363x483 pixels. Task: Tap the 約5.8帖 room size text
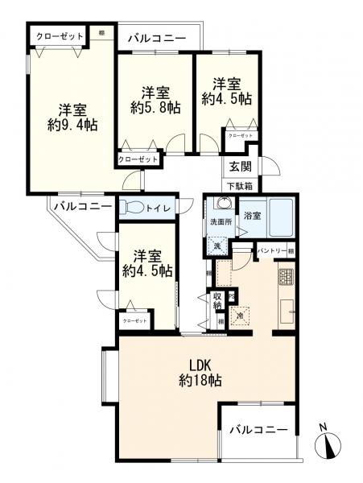tap(153, 108)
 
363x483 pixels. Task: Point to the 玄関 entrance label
tap(240, 167)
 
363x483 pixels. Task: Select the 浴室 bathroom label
tap(251, 217)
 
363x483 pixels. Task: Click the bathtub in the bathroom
tap(281, 217)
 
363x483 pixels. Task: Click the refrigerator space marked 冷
tap(241, 315)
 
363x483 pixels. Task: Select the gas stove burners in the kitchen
tap(287, 278)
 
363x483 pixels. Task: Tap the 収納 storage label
tap(218, 301)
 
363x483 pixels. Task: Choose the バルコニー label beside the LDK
tap(258, 430)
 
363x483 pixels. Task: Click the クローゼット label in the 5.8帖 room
tap(138, 159)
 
